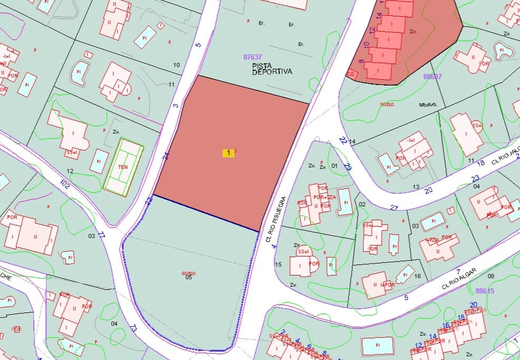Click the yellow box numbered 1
click(228, 153)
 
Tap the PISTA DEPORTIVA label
click(272, 69)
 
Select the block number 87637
click(253, 57)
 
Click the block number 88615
click(485, 291)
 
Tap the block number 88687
click(432, 77)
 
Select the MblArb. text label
click(429, 105)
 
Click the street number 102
click(65, 185)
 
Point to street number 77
click(102, 236)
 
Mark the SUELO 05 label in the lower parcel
click(188, 275)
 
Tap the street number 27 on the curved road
click(394, 207)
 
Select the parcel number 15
click(279, 264)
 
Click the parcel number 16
click(417, 276)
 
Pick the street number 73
click(133, 328)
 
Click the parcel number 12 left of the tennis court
click(70, 171)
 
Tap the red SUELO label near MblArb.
click(387, 105)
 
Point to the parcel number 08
click(491, 276)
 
